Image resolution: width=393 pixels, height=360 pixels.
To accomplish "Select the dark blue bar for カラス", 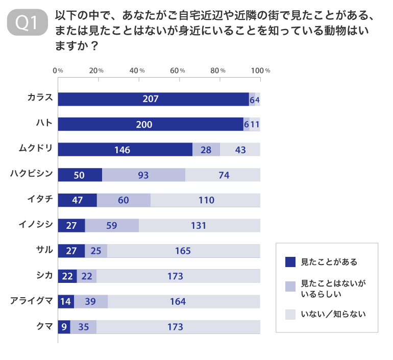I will point(153,99).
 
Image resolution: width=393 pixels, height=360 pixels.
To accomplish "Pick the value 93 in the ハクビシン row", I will point(143,175).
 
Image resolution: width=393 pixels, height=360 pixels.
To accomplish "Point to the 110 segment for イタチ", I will point(206,200).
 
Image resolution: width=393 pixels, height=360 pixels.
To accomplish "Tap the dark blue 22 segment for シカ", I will point(67,276).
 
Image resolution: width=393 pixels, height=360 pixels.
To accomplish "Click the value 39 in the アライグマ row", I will point(90,301).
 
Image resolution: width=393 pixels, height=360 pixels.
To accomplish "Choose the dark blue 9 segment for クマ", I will point(64,326).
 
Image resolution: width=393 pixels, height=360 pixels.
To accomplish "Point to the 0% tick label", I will point(58,70).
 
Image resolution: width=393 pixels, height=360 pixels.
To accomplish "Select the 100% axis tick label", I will point(260,70).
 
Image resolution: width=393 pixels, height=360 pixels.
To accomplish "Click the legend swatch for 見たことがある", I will point(290,262).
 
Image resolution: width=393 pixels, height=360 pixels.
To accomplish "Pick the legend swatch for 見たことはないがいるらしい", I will point(290,288).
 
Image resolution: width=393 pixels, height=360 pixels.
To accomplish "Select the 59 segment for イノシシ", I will point(112,226).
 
